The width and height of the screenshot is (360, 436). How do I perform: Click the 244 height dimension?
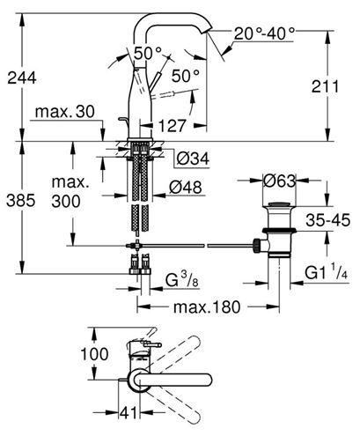22,78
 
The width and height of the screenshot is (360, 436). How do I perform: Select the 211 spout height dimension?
325,86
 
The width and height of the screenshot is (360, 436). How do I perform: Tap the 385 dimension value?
21,201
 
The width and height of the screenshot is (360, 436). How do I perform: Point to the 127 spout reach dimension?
172,126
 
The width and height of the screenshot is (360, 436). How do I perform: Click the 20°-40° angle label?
264,33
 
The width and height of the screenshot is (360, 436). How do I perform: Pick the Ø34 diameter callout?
193,159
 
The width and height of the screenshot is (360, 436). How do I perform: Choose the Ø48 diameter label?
186,187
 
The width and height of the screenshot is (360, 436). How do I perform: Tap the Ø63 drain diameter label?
279,181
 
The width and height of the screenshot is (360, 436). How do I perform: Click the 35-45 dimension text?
328,220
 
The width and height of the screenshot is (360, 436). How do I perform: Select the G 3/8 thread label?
182,279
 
